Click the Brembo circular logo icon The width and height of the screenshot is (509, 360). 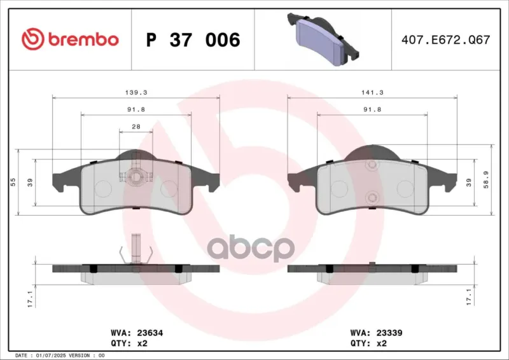tap(32, 39)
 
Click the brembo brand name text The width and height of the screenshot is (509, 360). tap(83, 39)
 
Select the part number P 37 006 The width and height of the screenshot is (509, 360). tap(193, 40)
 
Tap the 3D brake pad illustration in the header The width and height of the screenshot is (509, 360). tap(323, 39)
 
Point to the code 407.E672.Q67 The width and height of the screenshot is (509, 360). tap(446, 40)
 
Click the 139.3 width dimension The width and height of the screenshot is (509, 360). tap(136, 92)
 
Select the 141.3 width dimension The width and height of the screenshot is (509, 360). tap(372, 92)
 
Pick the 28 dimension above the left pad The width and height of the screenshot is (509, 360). tap(136, 127)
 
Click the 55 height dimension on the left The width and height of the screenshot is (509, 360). tap(13, 182)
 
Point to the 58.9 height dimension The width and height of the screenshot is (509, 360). tap(486, 180)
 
